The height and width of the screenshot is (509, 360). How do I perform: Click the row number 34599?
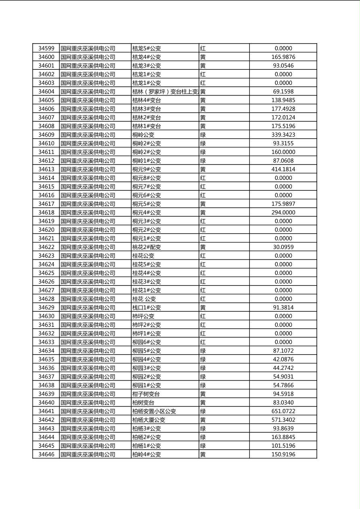46,48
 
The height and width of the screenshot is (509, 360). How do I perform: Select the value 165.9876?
283,57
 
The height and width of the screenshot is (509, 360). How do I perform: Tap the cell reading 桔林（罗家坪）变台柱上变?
165,92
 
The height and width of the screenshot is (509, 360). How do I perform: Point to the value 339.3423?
283,135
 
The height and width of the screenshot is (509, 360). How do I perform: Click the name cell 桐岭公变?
144,135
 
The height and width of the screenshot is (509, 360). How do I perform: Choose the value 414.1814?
283,169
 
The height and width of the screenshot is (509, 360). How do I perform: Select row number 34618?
46,213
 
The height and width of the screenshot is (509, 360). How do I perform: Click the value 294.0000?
283,213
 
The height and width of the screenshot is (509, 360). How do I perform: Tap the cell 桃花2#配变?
147,247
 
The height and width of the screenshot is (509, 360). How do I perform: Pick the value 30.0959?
283,247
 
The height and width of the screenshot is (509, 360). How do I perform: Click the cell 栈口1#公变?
147,308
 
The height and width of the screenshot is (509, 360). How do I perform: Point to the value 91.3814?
283,308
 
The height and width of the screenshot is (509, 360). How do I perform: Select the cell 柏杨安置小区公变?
155,411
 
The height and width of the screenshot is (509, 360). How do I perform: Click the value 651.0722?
283,411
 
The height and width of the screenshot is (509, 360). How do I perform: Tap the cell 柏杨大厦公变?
149,420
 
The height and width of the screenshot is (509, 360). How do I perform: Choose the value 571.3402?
283,420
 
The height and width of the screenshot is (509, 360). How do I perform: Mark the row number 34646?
46,455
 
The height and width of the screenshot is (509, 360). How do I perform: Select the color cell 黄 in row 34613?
203,169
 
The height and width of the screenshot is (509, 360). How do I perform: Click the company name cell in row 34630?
88,316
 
